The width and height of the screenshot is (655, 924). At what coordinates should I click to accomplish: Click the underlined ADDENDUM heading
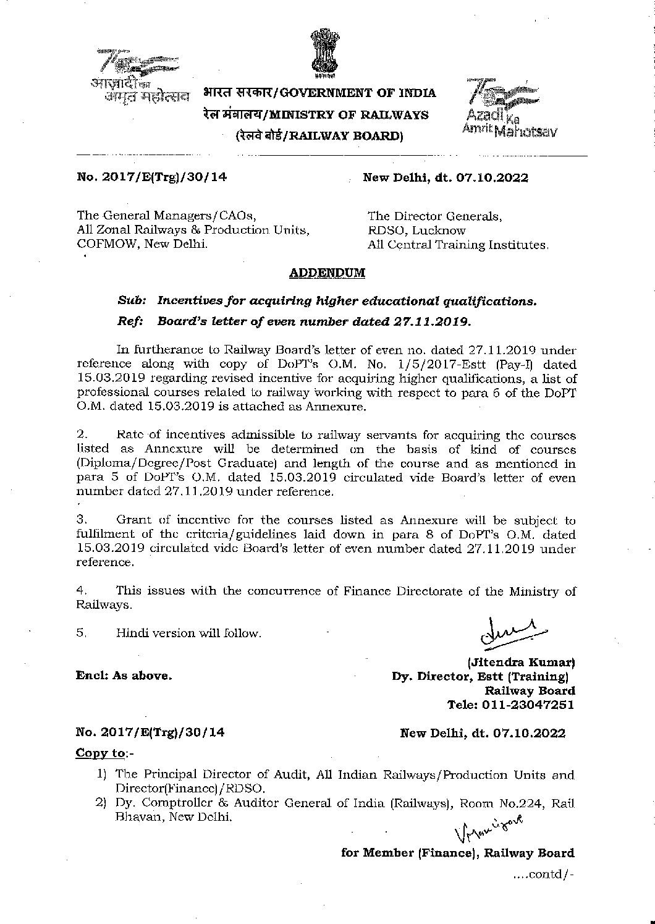pyautogui.click(x=327, y=273)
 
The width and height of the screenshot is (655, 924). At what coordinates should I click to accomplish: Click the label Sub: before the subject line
pyautogui.click(x=132, y=301)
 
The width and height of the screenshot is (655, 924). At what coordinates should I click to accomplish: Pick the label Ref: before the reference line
pyautogui.click(x=130, y=321)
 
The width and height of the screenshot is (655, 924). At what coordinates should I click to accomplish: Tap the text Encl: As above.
pyautogui.click(x=124, y=676)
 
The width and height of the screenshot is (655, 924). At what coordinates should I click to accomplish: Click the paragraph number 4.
pyautogui.click(x=82, y=591)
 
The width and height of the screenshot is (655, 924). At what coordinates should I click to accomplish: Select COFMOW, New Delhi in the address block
pyautogui.click(x=142, y=244)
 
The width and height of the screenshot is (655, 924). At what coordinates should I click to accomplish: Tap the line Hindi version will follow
pyautogui.click(x=188, y=633)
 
